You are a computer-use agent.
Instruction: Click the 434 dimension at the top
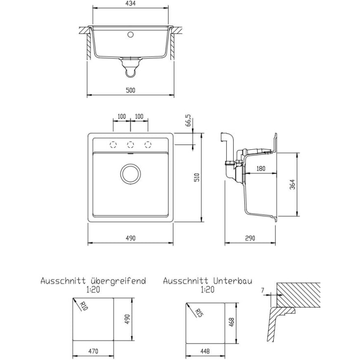pos(131,3)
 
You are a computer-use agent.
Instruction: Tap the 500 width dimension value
pos(131,91)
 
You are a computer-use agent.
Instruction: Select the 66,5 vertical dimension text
pos(189,120)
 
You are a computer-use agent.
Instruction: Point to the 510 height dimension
pos(197,177)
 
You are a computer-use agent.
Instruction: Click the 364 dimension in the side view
pos(292,184)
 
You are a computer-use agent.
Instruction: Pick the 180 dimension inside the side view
pos(261,169)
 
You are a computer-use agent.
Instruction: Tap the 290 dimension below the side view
pos(250,239)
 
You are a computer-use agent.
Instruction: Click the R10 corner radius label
pos(84,306)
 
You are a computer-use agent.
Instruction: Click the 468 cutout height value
pos(231,322)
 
